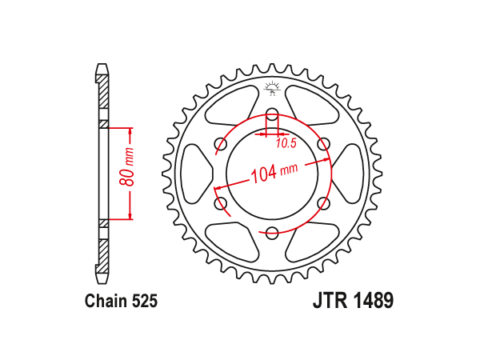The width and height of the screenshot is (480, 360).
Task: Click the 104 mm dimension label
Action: tap(274, 172)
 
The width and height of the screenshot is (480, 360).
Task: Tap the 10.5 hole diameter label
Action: tap(286, 143)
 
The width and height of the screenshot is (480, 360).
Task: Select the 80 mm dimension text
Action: tap(126, 167)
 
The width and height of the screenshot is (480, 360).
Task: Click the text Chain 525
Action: tap(122, 301)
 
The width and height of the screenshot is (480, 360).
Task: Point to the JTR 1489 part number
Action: tap(353, 301)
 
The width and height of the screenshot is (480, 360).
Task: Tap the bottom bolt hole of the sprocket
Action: tap(272, 232)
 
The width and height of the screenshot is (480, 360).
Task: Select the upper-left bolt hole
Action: tap(221, 144)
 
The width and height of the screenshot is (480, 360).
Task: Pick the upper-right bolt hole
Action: tap(323, 144)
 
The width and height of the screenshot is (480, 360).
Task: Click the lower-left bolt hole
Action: tap(221, 203)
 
